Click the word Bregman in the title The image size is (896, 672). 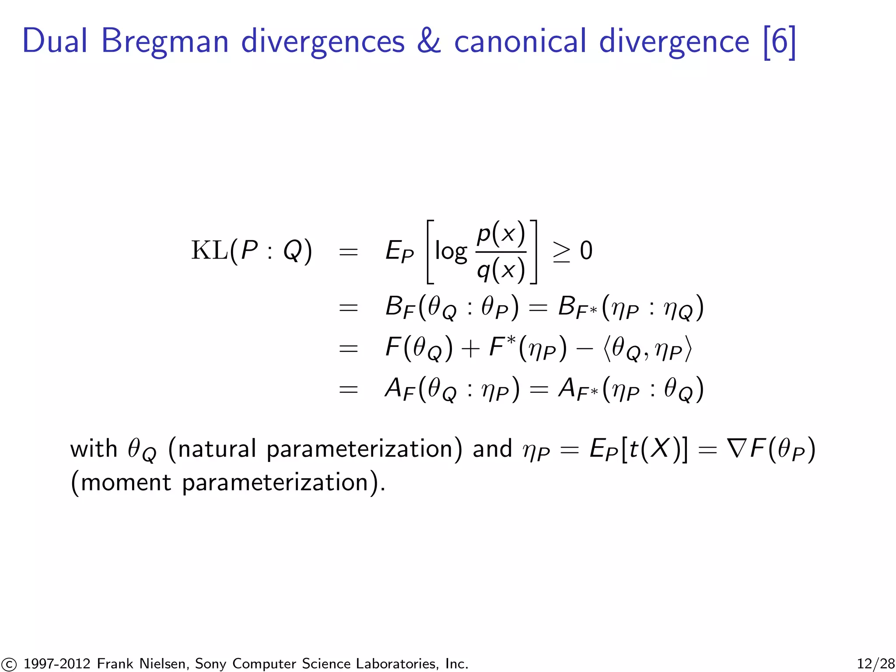click(164, 42)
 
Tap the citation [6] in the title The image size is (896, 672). click(779, 42)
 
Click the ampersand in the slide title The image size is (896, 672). click(429, 42)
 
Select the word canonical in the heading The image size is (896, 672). click(520, 42)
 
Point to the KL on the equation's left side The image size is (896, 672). click(209, 251)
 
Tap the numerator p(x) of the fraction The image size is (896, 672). click(500, 233)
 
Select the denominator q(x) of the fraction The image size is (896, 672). click(500, 270)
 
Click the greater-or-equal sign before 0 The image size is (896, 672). click(561, 252)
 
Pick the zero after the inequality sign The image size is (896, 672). click(586, 251)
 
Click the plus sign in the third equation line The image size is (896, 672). click(470, 349)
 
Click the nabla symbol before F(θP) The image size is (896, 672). click(737, 449)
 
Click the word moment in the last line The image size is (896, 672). click(126, 483)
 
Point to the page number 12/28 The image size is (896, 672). click(875, 664)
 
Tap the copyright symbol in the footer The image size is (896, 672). click(8, 664)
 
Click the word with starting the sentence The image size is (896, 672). click(94, 449)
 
